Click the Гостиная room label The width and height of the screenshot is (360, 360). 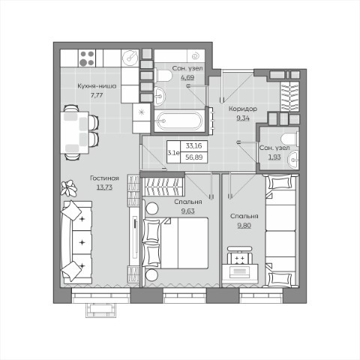pos(104,178)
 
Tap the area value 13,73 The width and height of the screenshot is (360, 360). pos(104,187)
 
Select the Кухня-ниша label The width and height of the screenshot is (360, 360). pos(97,86)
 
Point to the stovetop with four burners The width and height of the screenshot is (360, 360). pos(87,58)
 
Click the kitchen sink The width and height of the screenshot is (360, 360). pos(130,58)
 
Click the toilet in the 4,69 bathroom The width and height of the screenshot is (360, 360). pos(163,76)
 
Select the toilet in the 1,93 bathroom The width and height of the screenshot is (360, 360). pos(290,139)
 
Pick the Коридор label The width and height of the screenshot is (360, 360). pos(243,109)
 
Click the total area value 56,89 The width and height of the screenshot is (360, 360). pos(193,157)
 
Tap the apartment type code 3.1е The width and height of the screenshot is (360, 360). pos(173,152)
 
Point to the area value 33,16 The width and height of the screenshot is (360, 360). pos(193,145)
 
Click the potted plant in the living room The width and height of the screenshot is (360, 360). pos(68,188)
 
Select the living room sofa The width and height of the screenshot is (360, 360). pos(77,242)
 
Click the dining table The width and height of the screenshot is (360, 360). pos(75,132)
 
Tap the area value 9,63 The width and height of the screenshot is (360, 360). pos(188,211)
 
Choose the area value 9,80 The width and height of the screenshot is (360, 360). pos(244,226)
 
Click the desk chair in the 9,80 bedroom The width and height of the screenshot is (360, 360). pos(240,256)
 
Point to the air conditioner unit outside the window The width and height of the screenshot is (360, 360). pos(101,310)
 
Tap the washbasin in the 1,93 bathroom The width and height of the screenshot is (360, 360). pos(293,159)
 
